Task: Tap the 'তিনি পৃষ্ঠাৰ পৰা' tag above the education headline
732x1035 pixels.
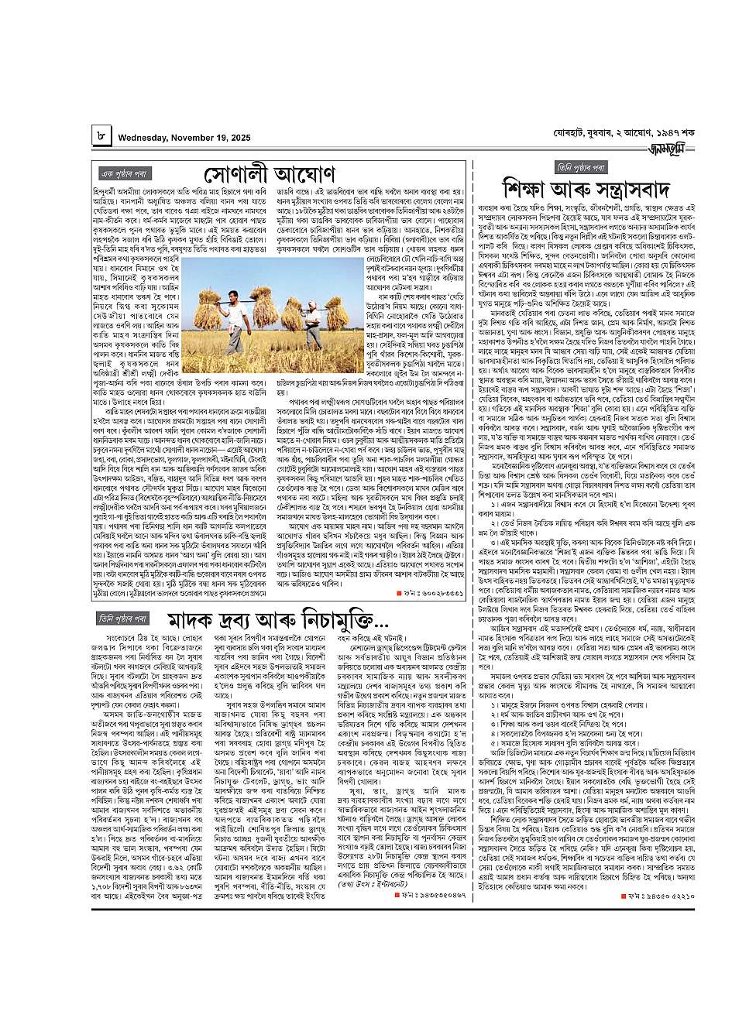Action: (580, 167)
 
